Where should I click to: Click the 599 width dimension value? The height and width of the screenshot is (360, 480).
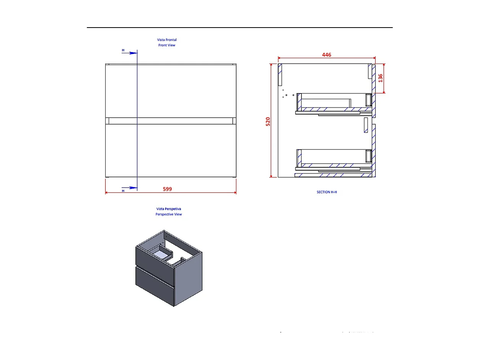167,189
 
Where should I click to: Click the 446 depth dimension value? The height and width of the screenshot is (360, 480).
327,55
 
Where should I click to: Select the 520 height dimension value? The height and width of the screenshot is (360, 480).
268,121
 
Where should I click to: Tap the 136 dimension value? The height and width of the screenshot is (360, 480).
380,78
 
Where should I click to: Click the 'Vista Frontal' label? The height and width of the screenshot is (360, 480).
167,39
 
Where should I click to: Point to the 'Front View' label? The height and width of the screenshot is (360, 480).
167,45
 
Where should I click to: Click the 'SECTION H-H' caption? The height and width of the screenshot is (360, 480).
327,192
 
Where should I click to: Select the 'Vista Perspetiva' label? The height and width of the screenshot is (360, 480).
168,209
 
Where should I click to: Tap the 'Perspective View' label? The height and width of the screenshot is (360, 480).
168,214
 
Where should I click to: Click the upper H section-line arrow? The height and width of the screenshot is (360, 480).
132,53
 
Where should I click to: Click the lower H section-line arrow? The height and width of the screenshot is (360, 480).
132,188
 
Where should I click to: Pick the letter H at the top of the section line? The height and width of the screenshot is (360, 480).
123,50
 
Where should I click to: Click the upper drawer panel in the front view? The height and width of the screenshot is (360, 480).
171,91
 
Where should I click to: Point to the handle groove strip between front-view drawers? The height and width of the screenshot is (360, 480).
171,121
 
